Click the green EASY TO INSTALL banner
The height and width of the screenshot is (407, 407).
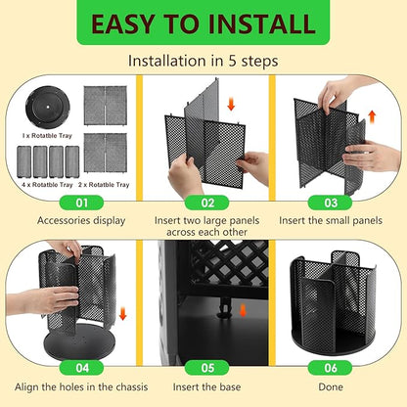coord(203,24)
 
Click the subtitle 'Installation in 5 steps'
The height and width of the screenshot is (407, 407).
coord(203,61)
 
